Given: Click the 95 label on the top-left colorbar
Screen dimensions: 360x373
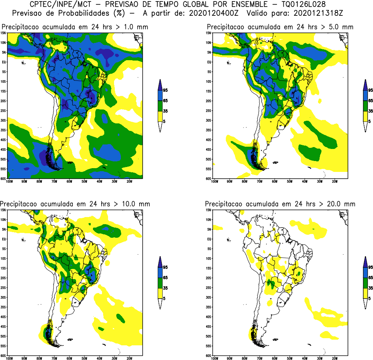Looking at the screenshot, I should (165, 90).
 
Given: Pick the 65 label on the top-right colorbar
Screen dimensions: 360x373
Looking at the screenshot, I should (370, 101).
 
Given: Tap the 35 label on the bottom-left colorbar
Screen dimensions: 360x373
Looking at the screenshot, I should (165, 288).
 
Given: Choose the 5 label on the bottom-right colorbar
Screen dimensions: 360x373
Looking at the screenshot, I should (369, 298).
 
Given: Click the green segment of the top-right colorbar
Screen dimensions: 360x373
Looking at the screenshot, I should (365, 106).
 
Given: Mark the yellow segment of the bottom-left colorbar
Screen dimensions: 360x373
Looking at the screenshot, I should (160, 293).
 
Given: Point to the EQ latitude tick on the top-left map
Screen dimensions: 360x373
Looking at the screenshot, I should (3, 62).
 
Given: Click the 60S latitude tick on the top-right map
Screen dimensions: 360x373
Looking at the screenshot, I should (208, 178).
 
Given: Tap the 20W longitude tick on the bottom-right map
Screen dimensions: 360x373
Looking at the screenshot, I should (335, 358).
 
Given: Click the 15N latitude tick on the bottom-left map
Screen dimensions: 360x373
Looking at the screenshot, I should (3, 210).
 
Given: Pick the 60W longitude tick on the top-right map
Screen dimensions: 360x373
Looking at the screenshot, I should (274, 181).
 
